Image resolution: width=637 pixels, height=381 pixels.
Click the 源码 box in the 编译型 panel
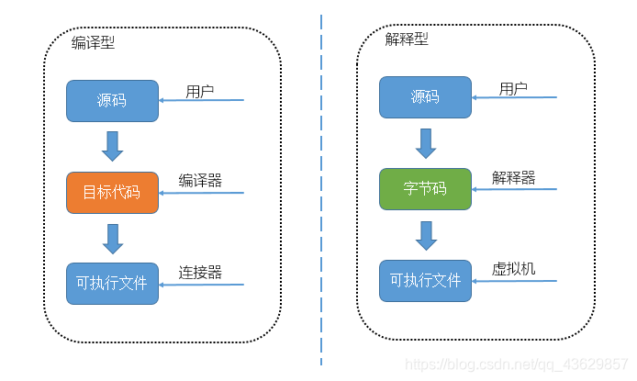point(112,100)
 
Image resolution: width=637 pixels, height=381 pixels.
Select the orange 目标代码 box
point(112,192)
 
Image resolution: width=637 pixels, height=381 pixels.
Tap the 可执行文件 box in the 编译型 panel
point(112,283)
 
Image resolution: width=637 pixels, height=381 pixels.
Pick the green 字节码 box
point(425,188)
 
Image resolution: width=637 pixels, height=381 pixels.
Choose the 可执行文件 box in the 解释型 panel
point(425,280)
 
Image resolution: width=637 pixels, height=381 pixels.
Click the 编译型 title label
point(94,43)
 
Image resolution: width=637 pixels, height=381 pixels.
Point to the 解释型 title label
point(407,39)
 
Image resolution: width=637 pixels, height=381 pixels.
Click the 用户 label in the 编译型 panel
point(200,91)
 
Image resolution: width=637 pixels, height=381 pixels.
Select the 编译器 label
point(200,181)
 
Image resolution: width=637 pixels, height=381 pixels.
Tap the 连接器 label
point(200,273)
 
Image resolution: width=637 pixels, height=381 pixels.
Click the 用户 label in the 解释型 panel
point(513,88)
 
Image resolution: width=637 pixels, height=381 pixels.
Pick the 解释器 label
point(513,177)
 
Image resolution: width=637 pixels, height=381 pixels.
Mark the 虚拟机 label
point(513,269)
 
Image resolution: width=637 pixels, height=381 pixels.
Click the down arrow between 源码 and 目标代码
point(113,145)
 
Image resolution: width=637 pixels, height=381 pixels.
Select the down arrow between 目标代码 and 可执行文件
point(113,238)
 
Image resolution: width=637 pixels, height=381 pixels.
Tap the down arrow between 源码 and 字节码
point(426,142)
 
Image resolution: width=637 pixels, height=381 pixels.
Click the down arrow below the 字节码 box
point(426,234)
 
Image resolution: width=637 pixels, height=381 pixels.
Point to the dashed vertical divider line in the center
point(321,184)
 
